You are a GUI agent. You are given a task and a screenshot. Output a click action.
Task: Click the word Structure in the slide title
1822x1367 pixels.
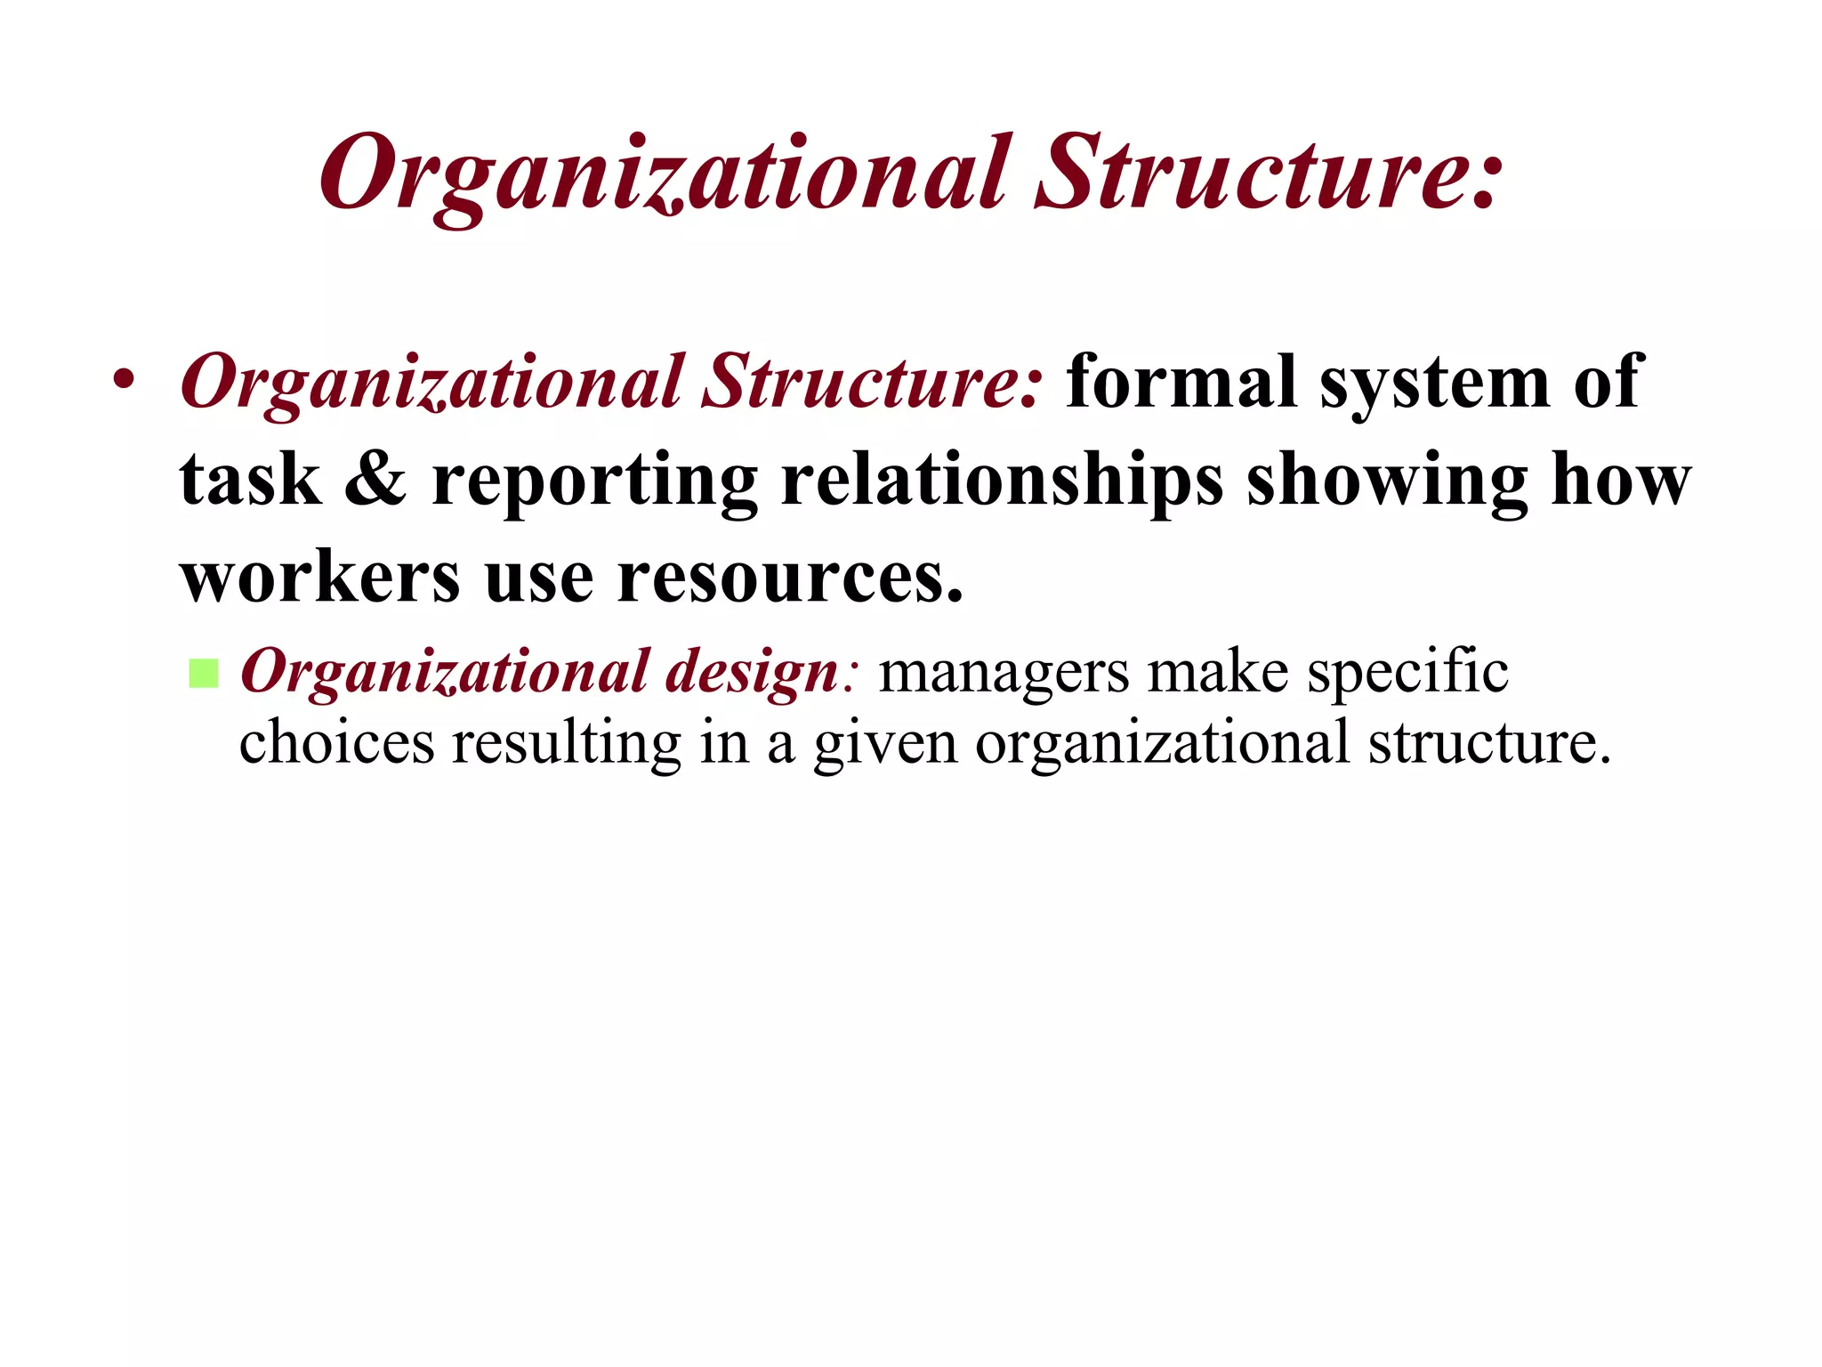click(1268, 174)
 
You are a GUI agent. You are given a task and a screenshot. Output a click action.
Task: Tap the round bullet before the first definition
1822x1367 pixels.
click(124, 380)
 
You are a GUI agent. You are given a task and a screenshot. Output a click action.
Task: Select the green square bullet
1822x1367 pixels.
click(204, 674)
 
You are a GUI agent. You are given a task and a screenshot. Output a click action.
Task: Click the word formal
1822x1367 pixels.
click(1181, 382)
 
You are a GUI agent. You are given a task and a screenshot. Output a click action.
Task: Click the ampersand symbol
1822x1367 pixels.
click(375, 480)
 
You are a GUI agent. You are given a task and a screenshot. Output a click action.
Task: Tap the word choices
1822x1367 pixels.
click(336, 742)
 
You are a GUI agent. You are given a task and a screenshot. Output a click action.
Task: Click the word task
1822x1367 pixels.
click(250, 481)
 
